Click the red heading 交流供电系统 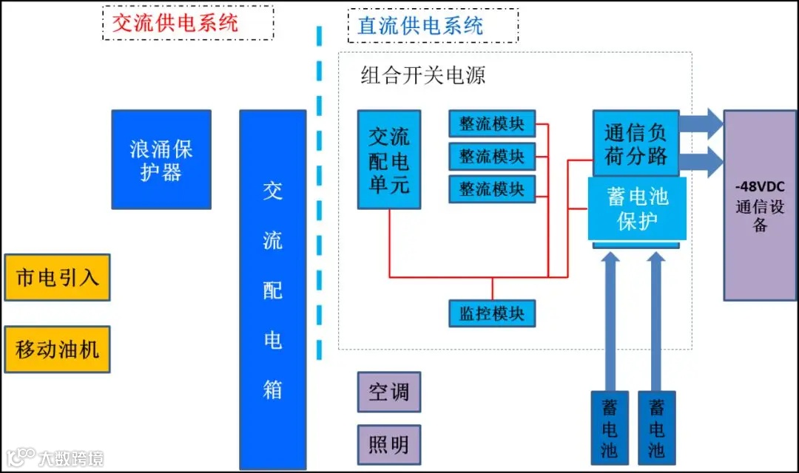coord(175,23)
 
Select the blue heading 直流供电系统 coord(420,26)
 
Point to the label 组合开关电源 coord(422,76)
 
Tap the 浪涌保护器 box coord(161,160)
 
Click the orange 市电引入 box coord(57,278)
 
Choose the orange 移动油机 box coord(57,349)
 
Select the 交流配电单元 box coord(389,160)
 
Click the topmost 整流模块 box coord(492,123)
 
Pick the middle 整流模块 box coord(492,156)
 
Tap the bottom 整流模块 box coord(492,188)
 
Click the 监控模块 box coord(492,313)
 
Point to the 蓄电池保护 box coord(637,209)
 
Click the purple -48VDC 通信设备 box coord(760,205)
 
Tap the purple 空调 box coord(389,392)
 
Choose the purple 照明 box coord(389,445)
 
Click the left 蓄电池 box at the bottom coord(610,429)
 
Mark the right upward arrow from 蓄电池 coord(656,318)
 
